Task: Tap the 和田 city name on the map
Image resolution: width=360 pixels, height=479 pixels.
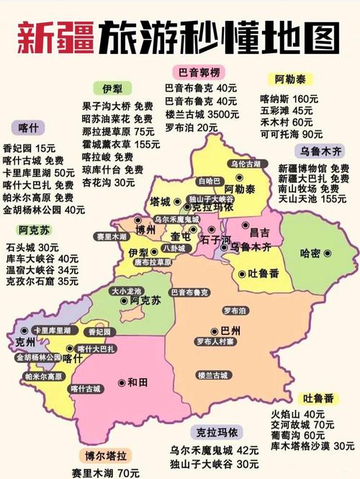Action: [138, 382]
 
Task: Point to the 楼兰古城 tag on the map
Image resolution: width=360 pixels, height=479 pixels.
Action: [212, 375]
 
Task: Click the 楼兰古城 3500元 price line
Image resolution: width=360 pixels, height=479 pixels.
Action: [202, 114]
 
